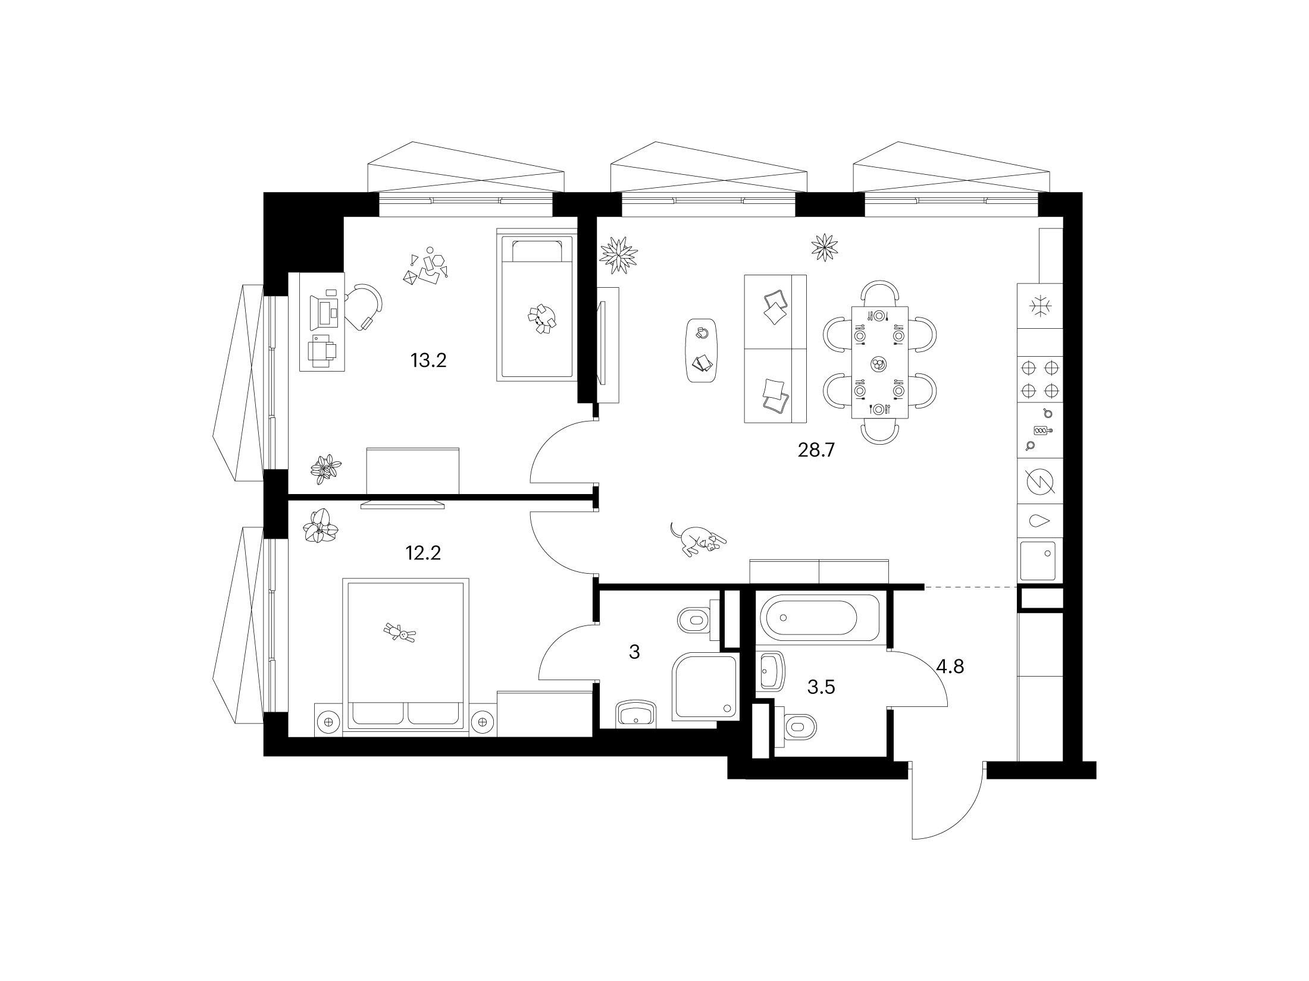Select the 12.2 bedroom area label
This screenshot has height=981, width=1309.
[x=422, y=553]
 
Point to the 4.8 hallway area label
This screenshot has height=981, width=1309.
[x=950, y=666]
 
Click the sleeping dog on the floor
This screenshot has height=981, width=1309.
[x=697, y=539]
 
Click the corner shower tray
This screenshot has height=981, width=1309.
[x=704, y=687]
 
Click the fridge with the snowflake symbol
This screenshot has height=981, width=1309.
[x=1040, y=306]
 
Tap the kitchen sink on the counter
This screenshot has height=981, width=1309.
[x=1038, y=561]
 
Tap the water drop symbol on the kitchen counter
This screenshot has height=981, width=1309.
[x=1039, y=521]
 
